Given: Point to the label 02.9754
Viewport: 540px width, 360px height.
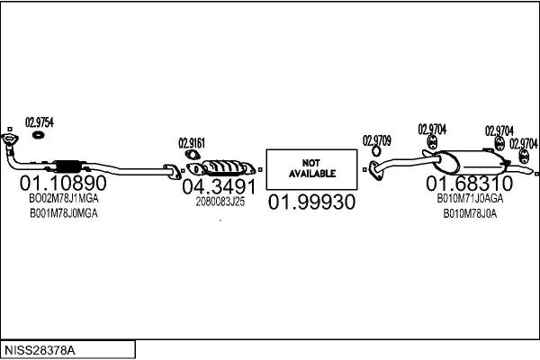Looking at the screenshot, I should click(39, 123).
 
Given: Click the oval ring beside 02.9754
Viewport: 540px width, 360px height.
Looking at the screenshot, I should click(39, 136).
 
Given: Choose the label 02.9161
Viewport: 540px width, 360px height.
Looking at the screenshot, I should click(192, 141).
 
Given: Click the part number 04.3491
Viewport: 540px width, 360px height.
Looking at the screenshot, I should click(220, 187).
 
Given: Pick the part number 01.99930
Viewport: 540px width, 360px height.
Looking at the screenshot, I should click(311, 202).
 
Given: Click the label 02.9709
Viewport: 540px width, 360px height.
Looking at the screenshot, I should click(377, 139).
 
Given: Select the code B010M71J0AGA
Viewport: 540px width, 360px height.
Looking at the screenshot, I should click(470, 198).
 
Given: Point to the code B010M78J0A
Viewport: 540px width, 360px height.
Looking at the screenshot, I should click(470, 213).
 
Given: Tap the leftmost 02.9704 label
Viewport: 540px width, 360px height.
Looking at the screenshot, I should click(432, 130).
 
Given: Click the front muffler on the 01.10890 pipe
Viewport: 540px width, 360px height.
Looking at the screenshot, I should click(68, 166).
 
